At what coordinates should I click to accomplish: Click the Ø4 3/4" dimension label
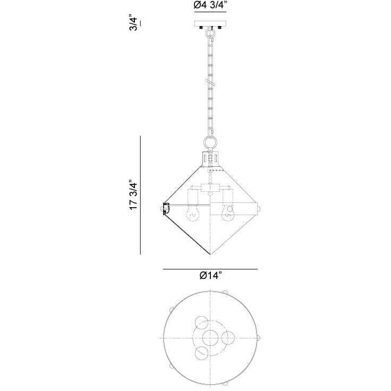pos(210,6)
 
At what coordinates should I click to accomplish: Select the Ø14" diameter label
pos(210,276)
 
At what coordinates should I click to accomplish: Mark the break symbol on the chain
pos(210,84)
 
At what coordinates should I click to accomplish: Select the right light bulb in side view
pos(228,214)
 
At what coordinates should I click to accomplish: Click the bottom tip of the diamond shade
pos(210,253)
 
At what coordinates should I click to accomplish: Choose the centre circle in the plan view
pos(210,337)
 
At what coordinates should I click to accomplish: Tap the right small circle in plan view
pos(228,337)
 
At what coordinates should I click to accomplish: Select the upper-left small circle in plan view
pos(201,322)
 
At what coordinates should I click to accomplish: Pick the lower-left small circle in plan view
pos(201,353)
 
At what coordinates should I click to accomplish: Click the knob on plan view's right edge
pos(259,337)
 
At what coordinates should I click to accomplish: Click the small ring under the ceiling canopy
pos(210,32)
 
